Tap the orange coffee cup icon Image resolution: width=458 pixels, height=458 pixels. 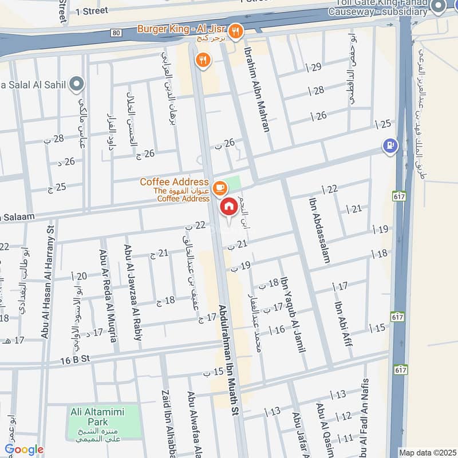pos(218,187)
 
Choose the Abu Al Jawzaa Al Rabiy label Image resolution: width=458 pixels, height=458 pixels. pos(133,293)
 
